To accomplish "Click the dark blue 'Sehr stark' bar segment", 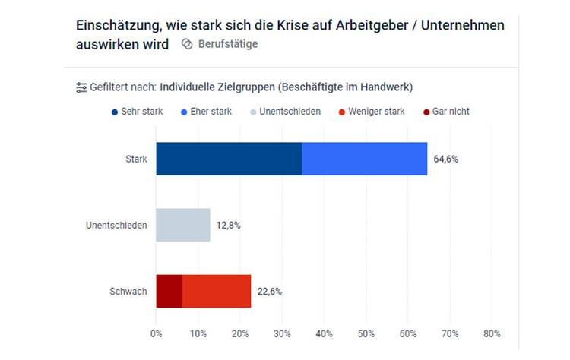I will coord(229,159).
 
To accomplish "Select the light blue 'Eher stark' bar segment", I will coord(364,159).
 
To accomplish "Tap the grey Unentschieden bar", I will coord(183,225).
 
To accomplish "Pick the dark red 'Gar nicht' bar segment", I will coord(169,291).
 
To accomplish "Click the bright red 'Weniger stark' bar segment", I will coord(217,291).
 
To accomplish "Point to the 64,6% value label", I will coord(446,159).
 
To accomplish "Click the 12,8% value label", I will coord(229,226).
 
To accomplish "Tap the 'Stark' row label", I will coord(137,159).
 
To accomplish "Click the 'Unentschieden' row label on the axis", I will coord(117,226).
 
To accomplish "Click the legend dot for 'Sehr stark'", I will coord(114,112).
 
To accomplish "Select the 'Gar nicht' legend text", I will coord(451,112).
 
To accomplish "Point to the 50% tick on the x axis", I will coord(366,333).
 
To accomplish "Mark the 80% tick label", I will coord(492,333).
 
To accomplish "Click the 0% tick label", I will coord(157,333).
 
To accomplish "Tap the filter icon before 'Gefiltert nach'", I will coord(81,87).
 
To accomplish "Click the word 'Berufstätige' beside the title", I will coord(227,44).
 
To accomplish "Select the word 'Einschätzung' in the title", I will coord(115,25).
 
